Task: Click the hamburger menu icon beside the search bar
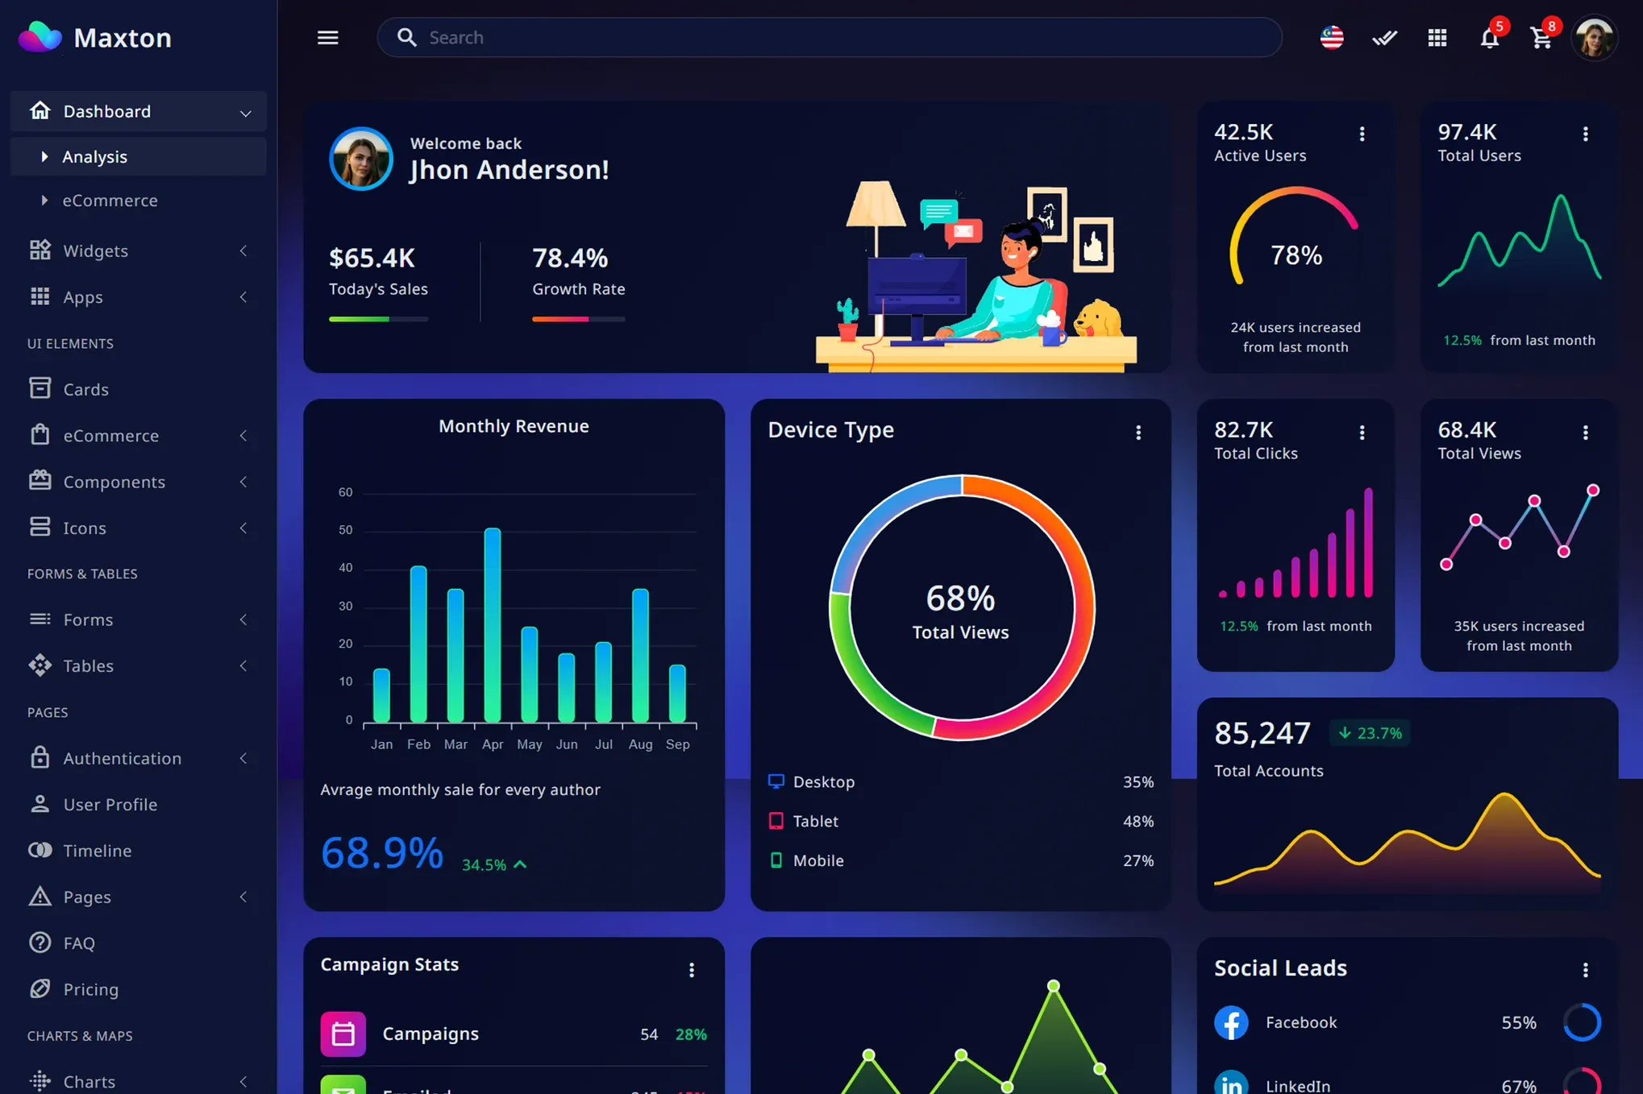click(x=327, y=38)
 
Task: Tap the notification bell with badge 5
click(x=1489, y=38)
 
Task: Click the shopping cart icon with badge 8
click(x=1541, y=38)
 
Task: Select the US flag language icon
click(x=1332, y=38)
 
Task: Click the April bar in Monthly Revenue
click(x=493, y=624)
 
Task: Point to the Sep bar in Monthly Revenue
click(x=677, y=693)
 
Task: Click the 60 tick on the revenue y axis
click(x=345, y=492)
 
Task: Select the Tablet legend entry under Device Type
click(x=815, y=821)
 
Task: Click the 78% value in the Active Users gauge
click(x=1296, y=255)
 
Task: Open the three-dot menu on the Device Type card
click(x=1138, y=433)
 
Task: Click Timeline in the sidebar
click(x=97, y=851)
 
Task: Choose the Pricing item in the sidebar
click(x=90, y=989)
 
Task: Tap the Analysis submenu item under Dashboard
click(x=95, y=157)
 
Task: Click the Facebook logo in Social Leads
click(x=1231, y=1022)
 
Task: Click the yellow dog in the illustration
click(x=1098, y=320)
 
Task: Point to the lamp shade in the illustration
click(x=875, y=204)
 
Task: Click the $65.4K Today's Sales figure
click(x=372, y=259)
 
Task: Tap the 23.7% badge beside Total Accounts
click(x=1369, y=733)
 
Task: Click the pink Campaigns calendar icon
click(x=343, y=1034)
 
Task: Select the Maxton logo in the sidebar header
click(x=40, y=37)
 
